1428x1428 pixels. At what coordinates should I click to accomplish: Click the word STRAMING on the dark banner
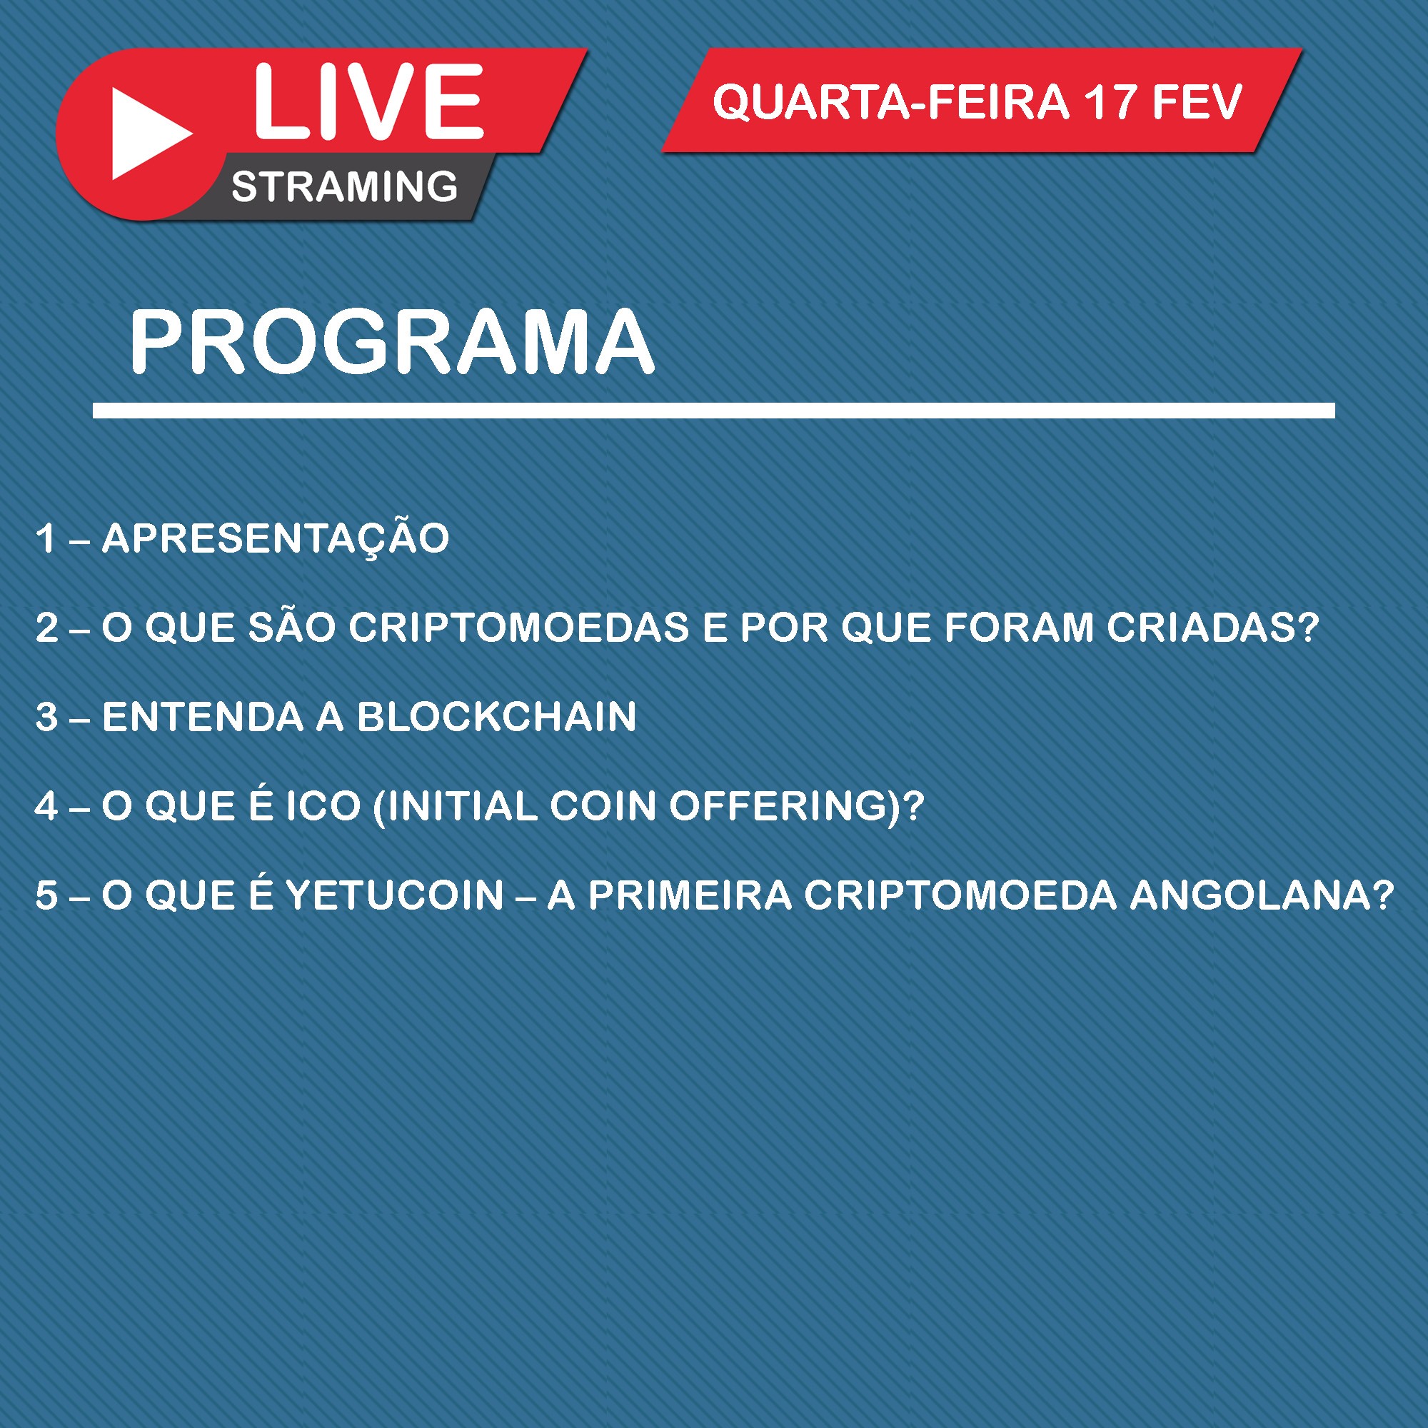coord(344,186)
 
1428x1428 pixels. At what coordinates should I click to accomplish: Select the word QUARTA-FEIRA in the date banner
coord(890,102)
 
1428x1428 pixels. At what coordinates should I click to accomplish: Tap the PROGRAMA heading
coord(392,341)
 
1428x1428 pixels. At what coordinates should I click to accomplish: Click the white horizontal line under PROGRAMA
coord(713,411)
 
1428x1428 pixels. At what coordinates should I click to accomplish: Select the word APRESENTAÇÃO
coord(276,538)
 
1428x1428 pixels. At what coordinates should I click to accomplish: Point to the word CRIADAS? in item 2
coord(1213,628)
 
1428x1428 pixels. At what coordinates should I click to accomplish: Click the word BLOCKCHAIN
coord(497,717)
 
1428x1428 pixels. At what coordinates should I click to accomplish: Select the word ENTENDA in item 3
coord(203,717)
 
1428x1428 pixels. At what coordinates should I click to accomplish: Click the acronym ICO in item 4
coord(323,805)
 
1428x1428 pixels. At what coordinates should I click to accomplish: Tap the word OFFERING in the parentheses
coord(778,805)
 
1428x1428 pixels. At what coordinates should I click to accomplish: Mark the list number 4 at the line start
coord(46,805)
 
